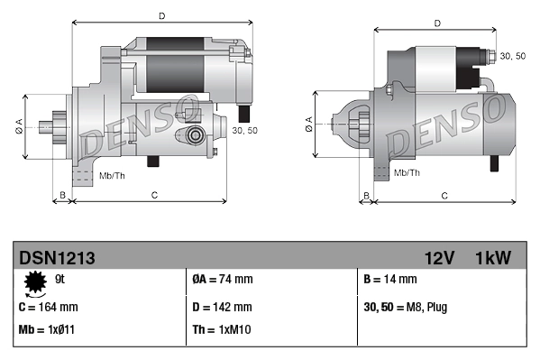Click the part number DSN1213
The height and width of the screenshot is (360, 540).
[56, 258]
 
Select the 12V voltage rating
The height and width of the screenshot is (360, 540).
[438, 258]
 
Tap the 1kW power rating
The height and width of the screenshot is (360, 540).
[493, 258]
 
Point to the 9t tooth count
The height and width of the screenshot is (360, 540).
[60, 280]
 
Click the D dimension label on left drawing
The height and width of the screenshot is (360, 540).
[160, 15]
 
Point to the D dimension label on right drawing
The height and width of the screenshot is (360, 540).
[437, 23]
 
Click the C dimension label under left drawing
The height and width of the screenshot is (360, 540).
[154, 194]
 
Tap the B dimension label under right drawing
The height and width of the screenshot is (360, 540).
[366, 195]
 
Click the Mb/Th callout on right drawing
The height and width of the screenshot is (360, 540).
[407, 171]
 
